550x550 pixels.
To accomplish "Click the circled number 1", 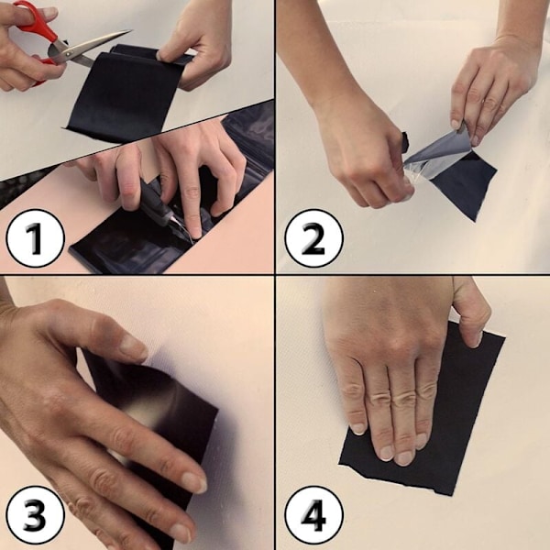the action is coord(36,238).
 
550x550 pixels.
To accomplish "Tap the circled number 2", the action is coord(313,238).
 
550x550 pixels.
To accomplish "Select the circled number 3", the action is coord(36,514).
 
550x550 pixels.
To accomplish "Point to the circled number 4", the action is coord(313,514).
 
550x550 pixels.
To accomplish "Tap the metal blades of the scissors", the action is coord(90,49).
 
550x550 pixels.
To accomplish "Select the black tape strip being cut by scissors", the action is coord(126,91).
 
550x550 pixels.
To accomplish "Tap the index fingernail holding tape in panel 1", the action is coord(159,55).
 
